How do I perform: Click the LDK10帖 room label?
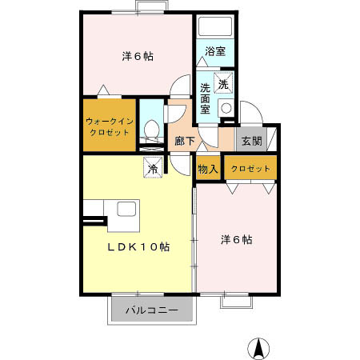[x=138, y=246]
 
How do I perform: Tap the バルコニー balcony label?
[x=151, y=310]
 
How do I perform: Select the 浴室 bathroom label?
[x=215, y=51]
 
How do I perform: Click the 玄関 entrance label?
[x=251, y=142]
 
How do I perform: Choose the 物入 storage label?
[x=208, y=169]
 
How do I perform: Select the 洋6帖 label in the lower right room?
[x=237, y=239]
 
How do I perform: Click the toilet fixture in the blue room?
[x=150, y=129]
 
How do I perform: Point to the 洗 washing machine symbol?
[x=225, y=83]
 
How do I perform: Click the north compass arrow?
[x=258, y=347]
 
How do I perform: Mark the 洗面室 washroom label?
[x=206, y=98]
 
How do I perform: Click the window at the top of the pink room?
[x=147, y=8]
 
